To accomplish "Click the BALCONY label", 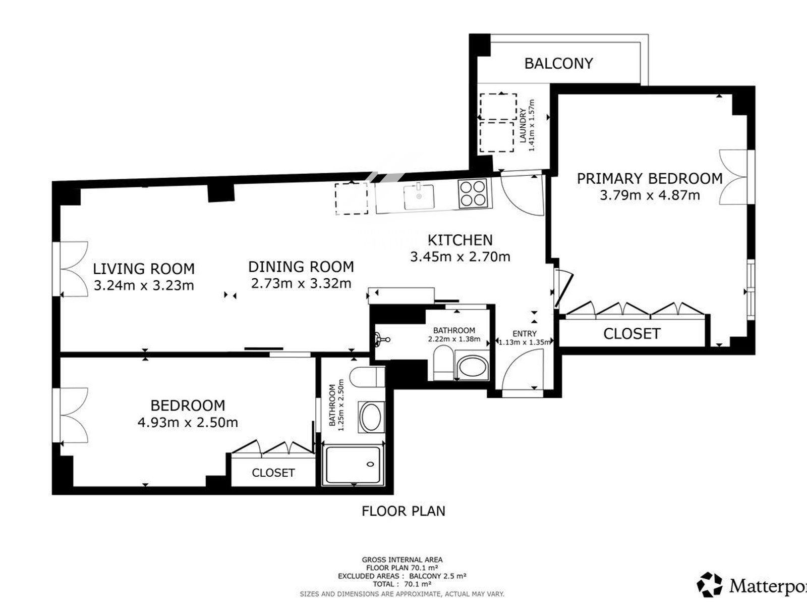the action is point(558,64).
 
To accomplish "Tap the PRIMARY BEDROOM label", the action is point(650,179).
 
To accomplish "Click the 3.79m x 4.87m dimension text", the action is point(650,195).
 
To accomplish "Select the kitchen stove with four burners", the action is point(473,193).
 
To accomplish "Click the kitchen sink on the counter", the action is point(419,197).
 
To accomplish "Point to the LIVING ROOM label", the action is point(144,269).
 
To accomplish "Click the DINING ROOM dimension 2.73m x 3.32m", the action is point(301,283).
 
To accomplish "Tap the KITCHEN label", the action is point(460,240).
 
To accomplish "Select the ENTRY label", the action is point(524,334).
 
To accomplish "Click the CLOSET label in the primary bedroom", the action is point(631,334).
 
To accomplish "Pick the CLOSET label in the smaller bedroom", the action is point(273,473).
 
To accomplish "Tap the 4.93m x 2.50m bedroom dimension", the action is point(188,422).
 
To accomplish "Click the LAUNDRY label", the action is point(523,125).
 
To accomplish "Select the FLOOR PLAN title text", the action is point(403,511).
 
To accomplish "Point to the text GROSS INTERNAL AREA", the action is point(402,560).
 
